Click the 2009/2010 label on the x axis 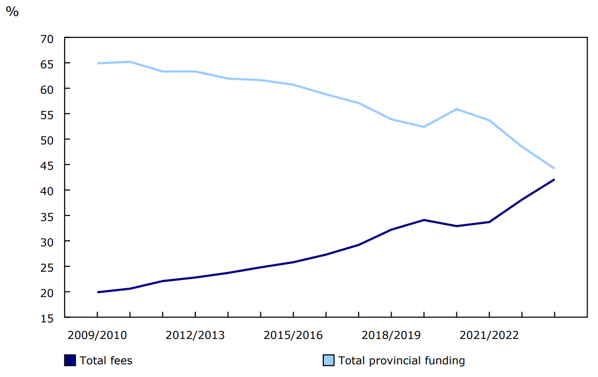pos(98,335)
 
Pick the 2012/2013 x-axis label pos(195,335)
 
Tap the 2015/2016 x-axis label pos(293,335)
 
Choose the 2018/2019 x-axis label pos(391,335)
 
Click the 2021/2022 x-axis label pos(489,335)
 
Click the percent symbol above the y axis pos(12,12)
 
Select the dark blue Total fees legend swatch pos(70,360)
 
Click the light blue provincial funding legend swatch pos(329,360)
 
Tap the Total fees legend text pos(106,360)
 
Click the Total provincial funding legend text pos(402,360)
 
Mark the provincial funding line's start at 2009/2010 pos(98,63)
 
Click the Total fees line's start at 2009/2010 pos(98,292)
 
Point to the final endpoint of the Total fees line pos(554,180)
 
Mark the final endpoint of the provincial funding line pos(554,168)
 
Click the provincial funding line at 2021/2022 pos(489,120)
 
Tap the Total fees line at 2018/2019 pos(391,229)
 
